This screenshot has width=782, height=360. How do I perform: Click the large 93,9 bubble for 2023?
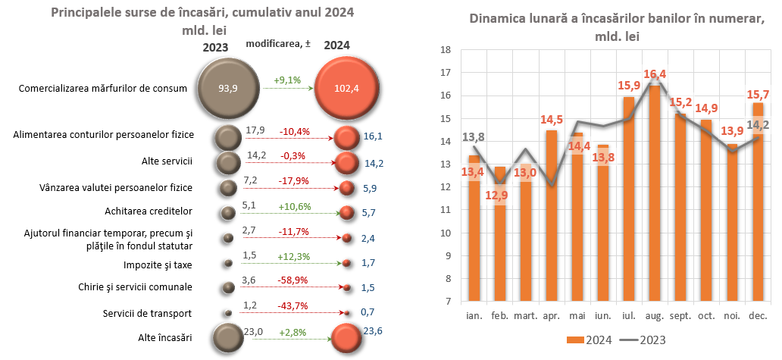(227, 88)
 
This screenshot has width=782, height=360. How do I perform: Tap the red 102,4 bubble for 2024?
(345, 88)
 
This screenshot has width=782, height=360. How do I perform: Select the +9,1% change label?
(287, 79)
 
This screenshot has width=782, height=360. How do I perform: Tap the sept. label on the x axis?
(680, 315)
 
